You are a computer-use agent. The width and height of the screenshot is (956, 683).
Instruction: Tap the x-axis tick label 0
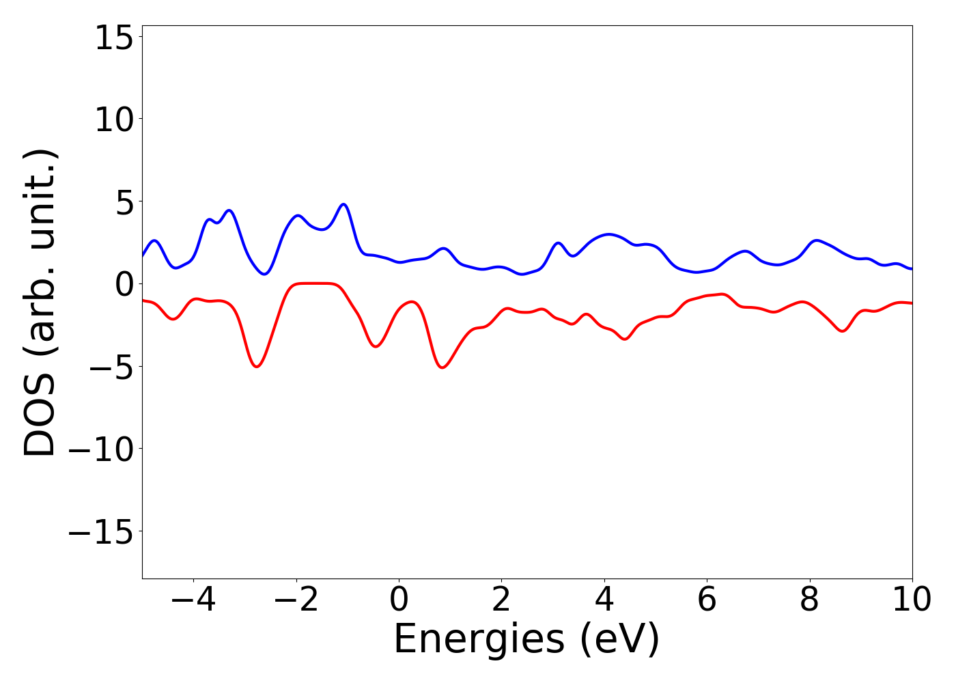(399, 600)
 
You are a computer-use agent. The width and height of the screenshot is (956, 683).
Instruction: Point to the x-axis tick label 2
(501, 600)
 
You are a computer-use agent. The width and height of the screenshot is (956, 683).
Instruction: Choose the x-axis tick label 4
(604, 600)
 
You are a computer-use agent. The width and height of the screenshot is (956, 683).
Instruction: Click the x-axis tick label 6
(707, 600)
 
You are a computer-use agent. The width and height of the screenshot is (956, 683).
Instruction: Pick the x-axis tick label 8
(809, 600)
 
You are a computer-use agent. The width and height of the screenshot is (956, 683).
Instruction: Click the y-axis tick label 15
(113, 38)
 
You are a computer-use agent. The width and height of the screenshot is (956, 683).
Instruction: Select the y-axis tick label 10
(113, 120)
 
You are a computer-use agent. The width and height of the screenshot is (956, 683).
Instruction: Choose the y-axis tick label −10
(102, 449)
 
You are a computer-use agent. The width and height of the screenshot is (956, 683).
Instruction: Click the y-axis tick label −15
(102, 532)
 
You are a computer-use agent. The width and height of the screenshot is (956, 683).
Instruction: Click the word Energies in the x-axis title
(479, 641)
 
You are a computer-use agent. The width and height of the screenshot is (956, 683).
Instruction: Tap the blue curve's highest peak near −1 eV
(344, 204)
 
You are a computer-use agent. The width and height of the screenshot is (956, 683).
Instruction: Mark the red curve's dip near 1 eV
(443, 367)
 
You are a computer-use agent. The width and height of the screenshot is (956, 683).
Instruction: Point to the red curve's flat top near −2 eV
(314, 283)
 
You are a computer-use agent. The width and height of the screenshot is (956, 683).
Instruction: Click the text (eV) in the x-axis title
(619, 641)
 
